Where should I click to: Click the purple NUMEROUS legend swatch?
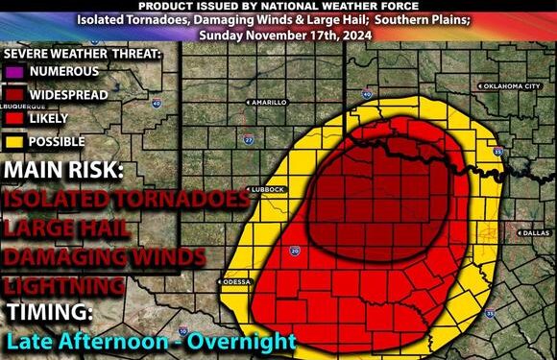coord(13,71)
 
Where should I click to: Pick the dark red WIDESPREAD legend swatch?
coord(13,94)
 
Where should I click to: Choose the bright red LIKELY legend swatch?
coord(13,118)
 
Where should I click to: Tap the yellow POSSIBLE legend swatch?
coord(13,141)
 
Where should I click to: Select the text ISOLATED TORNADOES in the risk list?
coord(121,201)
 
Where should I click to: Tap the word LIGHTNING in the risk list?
coord(63,285)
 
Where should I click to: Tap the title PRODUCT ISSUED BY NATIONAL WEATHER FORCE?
coord(278,6)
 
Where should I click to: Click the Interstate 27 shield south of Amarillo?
coord(248,139)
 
